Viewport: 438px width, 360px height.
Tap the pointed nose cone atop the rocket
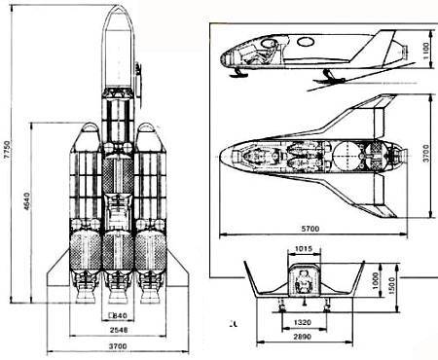[116, 19]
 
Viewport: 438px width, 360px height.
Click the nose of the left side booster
[85, 130]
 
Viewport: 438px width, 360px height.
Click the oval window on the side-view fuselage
[304, 41]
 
